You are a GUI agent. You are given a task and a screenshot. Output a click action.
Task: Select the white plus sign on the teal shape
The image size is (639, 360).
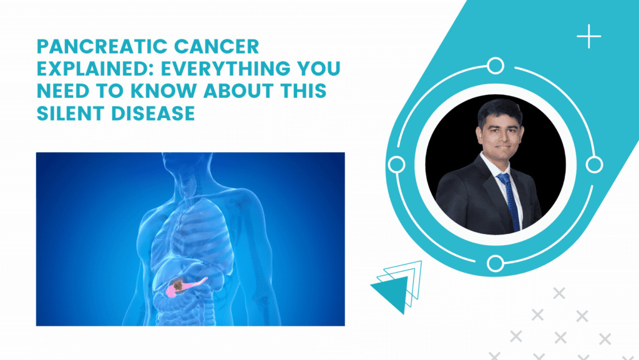coord(588,37)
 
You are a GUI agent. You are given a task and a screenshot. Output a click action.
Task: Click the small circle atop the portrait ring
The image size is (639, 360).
coord(495,65)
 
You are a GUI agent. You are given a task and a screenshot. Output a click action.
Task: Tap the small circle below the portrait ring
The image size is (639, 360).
coord(495,263)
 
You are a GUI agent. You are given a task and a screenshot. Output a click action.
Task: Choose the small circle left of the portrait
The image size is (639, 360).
coord(396,164)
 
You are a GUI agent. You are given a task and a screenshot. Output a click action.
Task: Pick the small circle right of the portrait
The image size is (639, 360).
coord(595,164)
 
